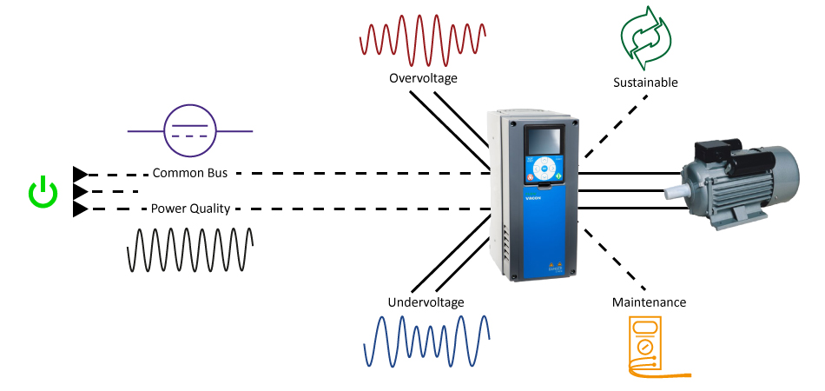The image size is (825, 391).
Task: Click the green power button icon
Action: (x=43, y=193)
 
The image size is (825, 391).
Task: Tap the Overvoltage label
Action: (x=423, y=79)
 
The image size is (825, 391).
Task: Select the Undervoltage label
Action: (x=426, y=302)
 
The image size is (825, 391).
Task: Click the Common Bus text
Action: (x=189, y=173)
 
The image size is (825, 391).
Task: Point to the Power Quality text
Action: (x=189, y=209)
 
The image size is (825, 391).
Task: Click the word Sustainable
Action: (x=645, y=83)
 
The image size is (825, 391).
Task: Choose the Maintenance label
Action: (x=649, y=302)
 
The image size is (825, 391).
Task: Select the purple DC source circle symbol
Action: (x=190, y=131)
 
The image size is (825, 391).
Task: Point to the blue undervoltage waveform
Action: (x=426, y=341)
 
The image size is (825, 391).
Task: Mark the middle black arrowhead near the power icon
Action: (x=79, y=191)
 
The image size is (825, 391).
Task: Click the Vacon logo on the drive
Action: (x=533, y=197)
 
